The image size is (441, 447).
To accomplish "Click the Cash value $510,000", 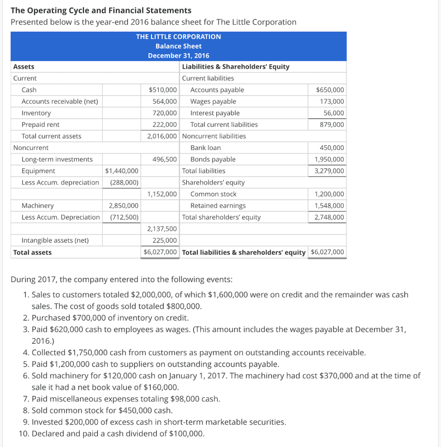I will (163, 90).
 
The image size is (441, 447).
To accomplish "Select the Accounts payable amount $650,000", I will (330, 90).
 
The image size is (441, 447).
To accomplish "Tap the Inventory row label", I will (36, 113).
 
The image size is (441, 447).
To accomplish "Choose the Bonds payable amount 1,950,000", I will (329, 159).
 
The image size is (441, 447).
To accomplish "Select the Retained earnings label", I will (218, 206).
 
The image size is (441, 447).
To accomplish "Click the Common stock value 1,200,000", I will (329, 194).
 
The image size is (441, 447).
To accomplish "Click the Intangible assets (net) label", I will (55, 240).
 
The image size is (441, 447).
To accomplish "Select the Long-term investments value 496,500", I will (164, 159).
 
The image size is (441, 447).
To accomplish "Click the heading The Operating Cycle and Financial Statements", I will (101, 10).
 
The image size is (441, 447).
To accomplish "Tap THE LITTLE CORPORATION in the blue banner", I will (178, 37).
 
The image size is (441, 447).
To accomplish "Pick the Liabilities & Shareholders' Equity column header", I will (236, 67).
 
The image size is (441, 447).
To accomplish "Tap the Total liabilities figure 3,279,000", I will (329, 171).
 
